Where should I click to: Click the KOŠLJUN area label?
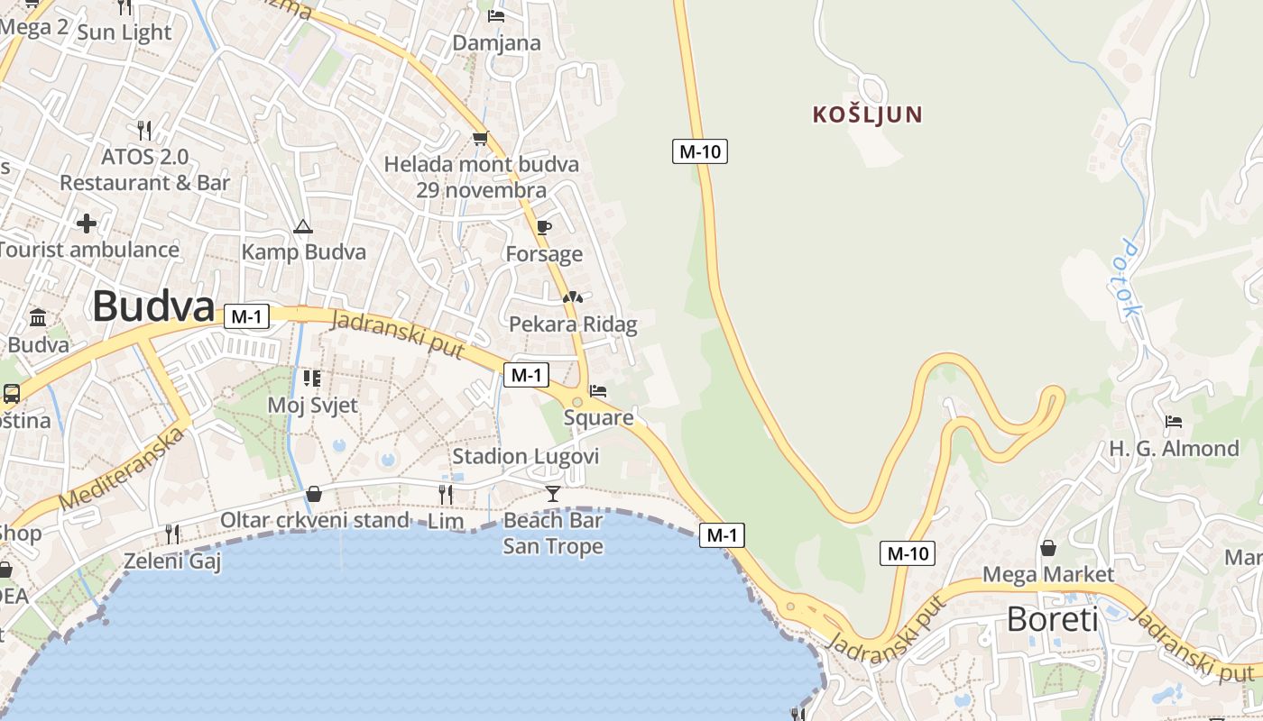point(867,114)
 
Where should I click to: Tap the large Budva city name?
point(153,306)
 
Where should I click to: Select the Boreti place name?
point(1052,620)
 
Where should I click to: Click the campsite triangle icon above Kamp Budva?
point(303,225)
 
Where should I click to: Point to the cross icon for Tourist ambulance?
point(87,223)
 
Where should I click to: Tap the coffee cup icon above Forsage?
point(543,227)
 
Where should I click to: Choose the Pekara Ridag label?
point(573,324)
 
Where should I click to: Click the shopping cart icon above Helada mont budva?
point(480,138)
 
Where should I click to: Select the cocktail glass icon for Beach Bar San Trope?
point(553,493)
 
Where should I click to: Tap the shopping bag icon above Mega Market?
point(1048,547)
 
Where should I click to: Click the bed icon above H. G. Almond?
point(1174,421)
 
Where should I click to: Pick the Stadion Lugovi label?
point(525,456)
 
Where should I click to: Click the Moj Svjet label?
point(312,405)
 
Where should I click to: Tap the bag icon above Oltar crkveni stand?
point(314,493)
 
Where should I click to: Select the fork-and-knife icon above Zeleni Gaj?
point(171,534)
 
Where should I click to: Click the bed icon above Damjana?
point(495,15)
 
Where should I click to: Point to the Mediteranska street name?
point(122,469)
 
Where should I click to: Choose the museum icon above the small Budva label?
point(38,318)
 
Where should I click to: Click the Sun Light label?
point(124,32)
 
